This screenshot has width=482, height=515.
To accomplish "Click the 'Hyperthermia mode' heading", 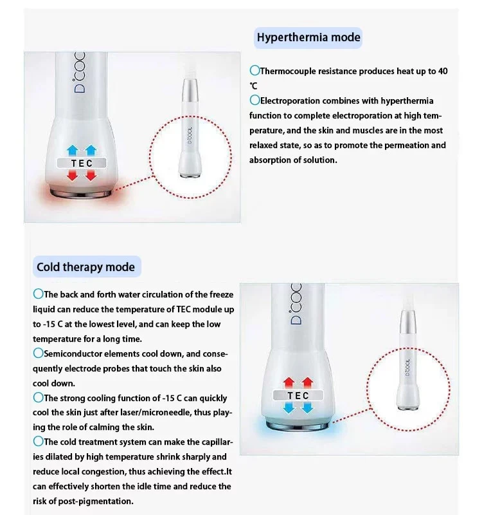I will (308, 37).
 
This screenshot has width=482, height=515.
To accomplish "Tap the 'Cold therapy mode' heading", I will (85, 267).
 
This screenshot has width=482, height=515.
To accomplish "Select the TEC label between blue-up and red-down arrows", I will (82, 164).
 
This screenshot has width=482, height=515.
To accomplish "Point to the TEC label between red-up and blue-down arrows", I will (298, 395).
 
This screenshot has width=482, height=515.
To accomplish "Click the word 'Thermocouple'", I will (287, 71).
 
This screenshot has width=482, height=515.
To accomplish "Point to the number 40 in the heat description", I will (442, 71).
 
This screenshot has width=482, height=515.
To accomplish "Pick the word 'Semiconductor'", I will (73, 353).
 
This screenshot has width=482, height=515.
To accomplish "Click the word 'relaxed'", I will (264, 145).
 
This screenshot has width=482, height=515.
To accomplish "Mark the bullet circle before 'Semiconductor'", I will (38, 353).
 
